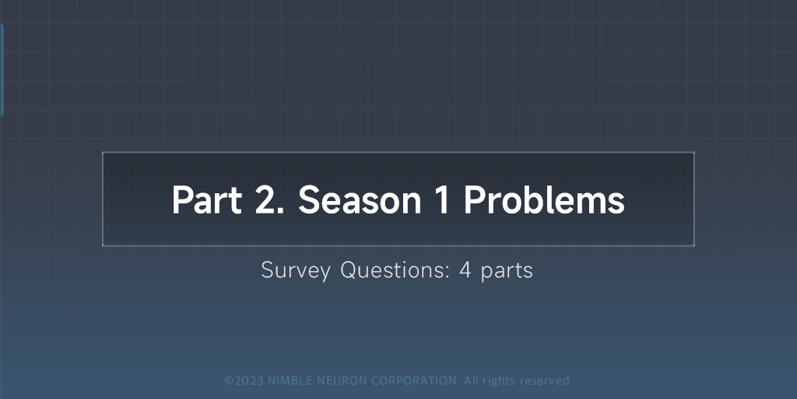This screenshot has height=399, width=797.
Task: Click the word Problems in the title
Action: point(544,200)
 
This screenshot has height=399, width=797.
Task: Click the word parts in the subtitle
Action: point(507,271)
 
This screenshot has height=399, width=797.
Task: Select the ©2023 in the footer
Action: point(244,381)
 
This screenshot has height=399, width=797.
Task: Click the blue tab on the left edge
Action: point(2,70)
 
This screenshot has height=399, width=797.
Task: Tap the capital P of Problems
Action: point(474,200)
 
